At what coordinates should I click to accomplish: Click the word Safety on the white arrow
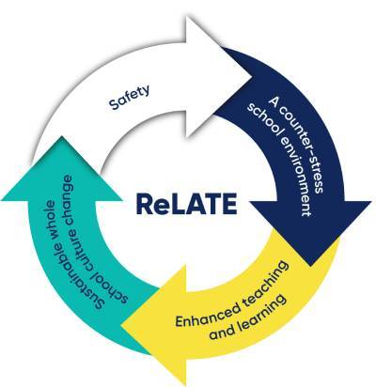tap(130, 97)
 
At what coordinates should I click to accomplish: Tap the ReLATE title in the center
tap(186, 204)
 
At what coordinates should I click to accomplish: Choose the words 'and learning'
tap(248, 317)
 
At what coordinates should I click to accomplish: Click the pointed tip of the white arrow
tap(253, 76)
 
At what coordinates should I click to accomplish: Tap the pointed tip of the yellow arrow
tap(121, 326)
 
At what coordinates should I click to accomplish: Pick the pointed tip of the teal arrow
tap(61, 135)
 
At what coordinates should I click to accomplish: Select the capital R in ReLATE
tap(145, 204)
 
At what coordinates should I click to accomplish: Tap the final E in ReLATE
tap(228, 204)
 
